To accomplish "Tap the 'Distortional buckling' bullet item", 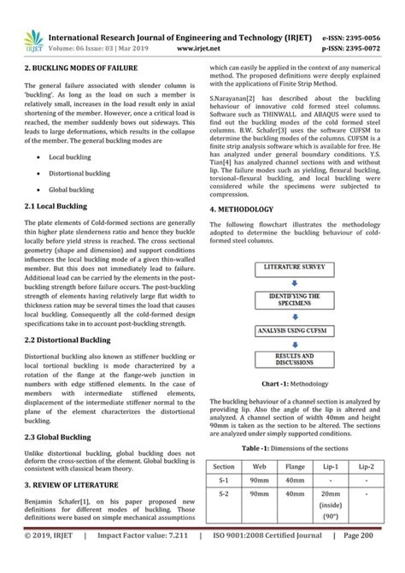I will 79,173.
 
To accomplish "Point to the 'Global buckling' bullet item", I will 72,189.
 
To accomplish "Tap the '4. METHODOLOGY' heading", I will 242,210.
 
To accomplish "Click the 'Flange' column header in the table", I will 295,468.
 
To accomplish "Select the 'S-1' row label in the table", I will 224,481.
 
